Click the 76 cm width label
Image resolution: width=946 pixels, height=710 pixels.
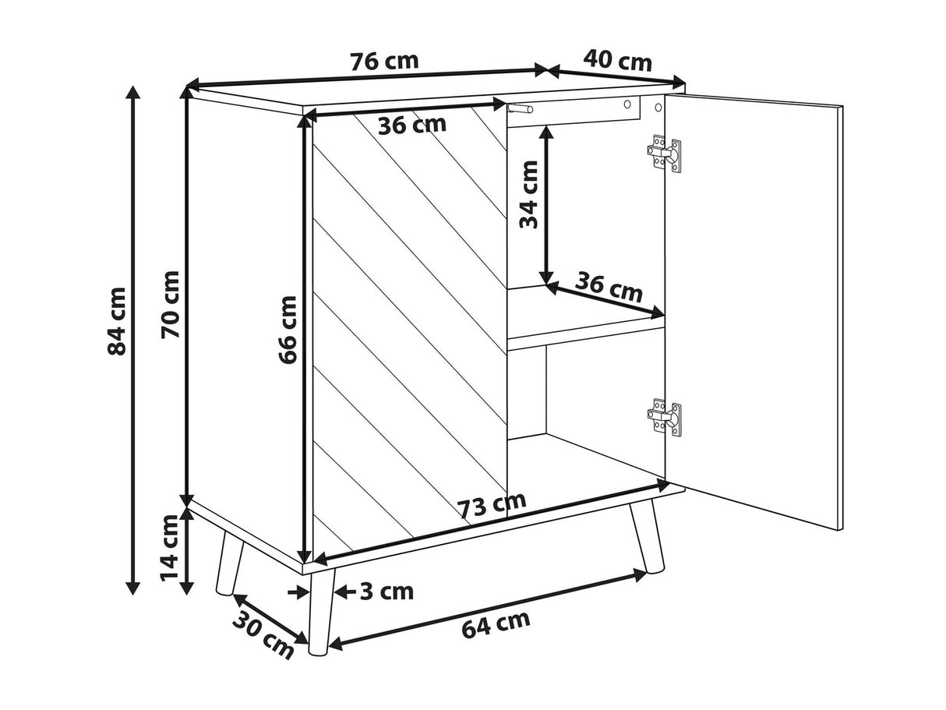point(383,62)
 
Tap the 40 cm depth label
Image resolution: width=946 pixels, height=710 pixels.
point(617,61)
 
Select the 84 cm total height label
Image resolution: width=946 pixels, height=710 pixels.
point(116,321)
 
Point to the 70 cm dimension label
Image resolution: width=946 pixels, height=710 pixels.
point(170,305)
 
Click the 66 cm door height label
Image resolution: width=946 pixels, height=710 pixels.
point(288,330)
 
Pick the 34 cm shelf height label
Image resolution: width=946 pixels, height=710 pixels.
point(529,194)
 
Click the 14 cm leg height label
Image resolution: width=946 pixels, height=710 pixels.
point(168,549)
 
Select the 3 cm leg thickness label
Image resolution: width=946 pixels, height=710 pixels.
point(387,592)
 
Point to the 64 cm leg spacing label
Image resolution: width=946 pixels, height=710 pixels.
point(496,624)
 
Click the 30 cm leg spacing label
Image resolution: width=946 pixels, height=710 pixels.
point(263,635)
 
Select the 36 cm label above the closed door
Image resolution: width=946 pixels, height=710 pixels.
point(412,125)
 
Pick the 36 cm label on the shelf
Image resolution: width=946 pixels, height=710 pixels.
point(609,286)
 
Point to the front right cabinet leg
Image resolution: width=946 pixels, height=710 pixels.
point(647,536)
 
